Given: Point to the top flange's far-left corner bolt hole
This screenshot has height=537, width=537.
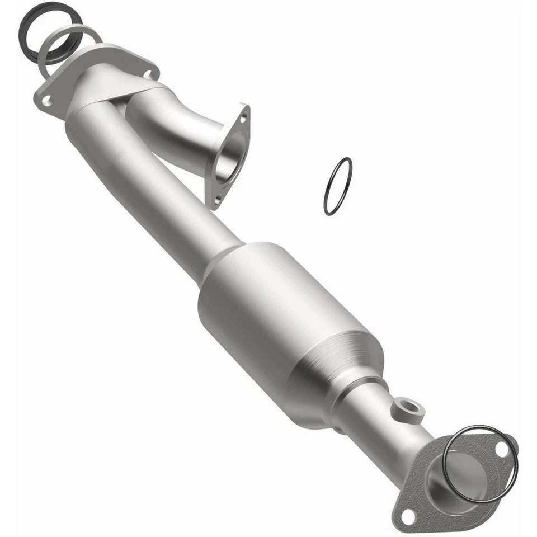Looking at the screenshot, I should [x=46, y=101].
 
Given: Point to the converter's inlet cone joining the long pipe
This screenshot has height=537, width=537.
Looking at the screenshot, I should [x=224, y=263].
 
